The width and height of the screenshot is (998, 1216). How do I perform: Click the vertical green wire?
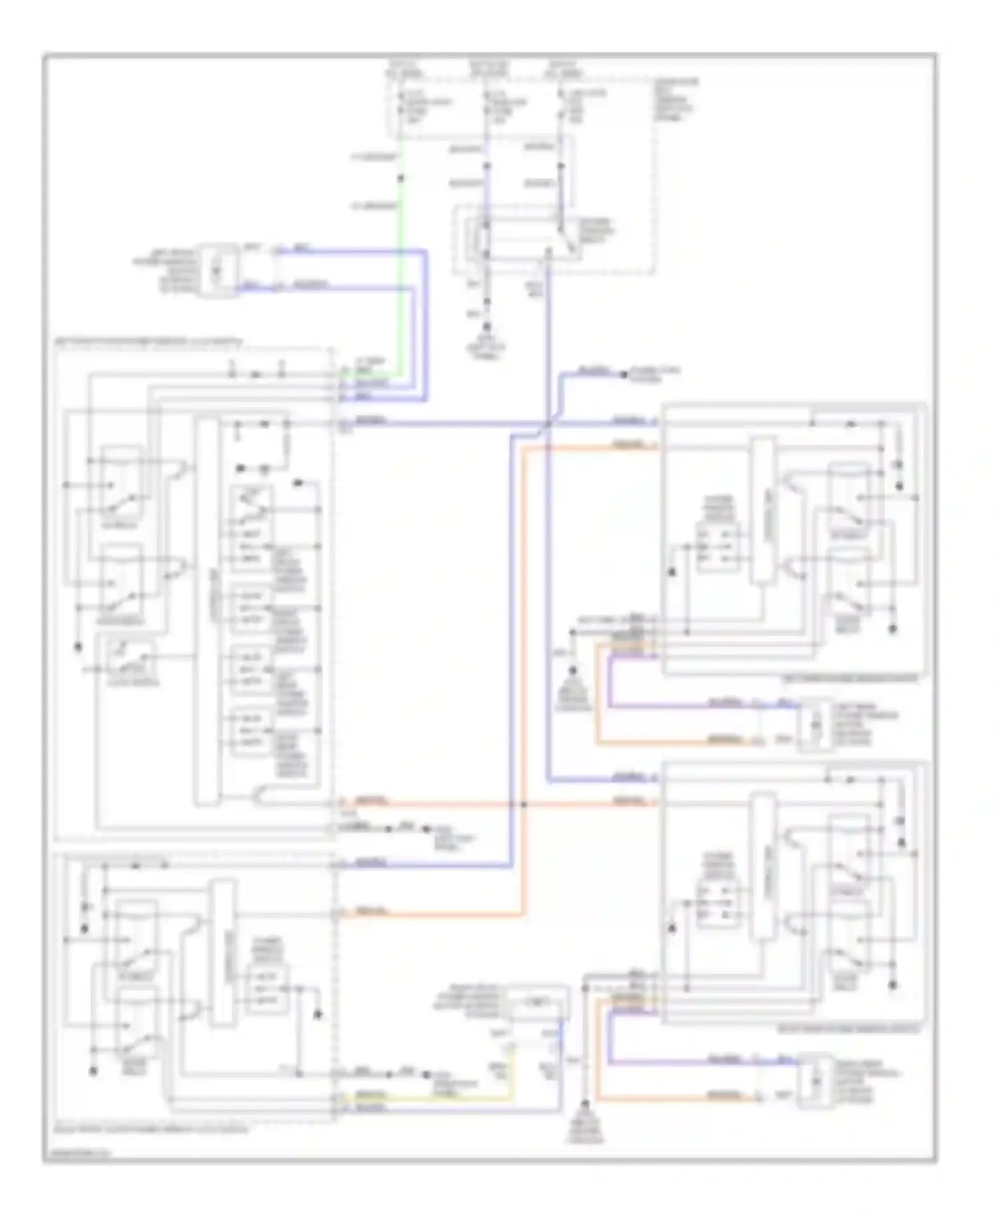(401, 279)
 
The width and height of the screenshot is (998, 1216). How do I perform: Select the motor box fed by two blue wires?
(217, 269)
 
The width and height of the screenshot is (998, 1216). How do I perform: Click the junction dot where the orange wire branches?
(523, 804)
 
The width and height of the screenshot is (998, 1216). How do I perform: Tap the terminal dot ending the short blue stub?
(623, 375)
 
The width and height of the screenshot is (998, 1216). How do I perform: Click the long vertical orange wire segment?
(523, 665)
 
